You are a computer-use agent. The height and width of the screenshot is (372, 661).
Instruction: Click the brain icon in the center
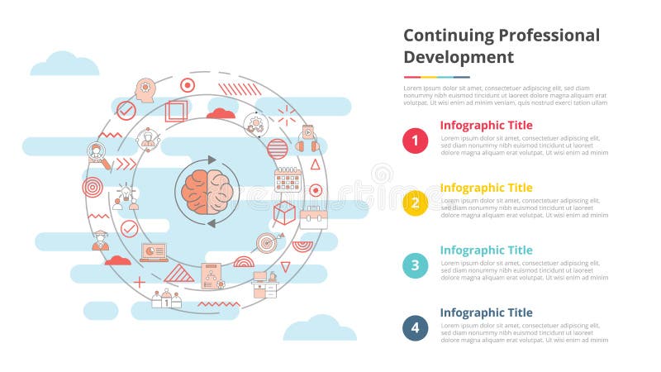(207, 189)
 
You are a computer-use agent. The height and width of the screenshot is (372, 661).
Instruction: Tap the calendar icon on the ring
(287, 179)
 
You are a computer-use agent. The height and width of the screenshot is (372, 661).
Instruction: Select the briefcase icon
(313, 217)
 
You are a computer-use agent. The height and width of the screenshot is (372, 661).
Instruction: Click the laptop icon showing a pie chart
(154, 251)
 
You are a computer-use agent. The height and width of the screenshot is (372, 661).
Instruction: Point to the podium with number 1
(166, 298)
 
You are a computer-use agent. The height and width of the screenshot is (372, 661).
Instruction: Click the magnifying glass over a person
(97, 151)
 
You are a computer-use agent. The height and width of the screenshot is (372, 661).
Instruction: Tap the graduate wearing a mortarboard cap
(101, 240)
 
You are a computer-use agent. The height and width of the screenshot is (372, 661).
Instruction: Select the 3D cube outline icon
(284, 212)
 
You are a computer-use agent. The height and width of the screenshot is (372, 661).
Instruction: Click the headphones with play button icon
(307, 136)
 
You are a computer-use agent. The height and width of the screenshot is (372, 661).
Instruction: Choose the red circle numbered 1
(415, 141)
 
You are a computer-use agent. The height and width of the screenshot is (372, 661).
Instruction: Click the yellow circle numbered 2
(415, 203)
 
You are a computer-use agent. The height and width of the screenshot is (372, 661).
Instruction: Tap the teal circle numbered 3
(415, 265)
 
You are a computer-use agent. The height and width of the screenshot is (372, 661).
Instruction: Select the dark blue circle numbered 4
(415, 328)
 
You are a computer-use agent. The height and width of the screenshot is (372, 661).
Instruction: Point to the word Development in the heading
(459, 57)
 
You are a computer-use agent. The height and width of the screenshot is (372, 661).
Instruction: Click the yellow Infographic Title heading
(486, 188)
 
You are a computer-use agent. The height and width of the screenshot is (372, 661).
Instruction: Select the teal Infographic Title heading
(486, 250)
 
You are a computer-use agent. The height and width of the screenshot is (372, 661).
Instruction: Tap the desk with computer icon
(265, 284)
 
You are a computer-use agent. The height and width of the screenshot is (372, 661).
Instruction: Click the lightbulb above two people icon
(126, 197)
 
